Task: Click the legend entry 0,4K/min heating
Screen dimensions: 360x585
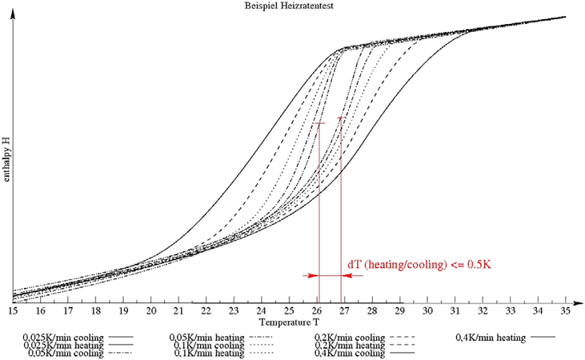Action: pos(493,338)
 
